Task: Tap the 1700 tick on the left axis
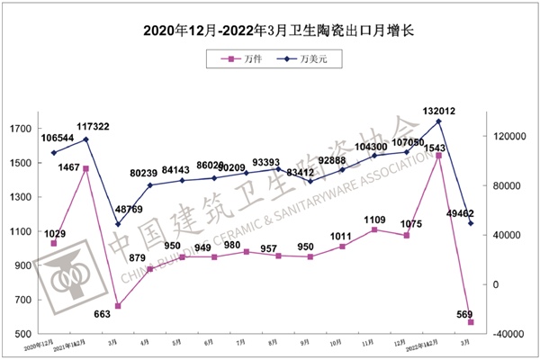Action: coord(20,129)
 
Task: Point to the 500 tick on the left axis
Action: coord(22,334)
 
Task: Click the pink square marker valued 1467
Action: coord(85,168)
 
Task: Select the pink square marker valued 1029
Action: coord(53,243)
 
